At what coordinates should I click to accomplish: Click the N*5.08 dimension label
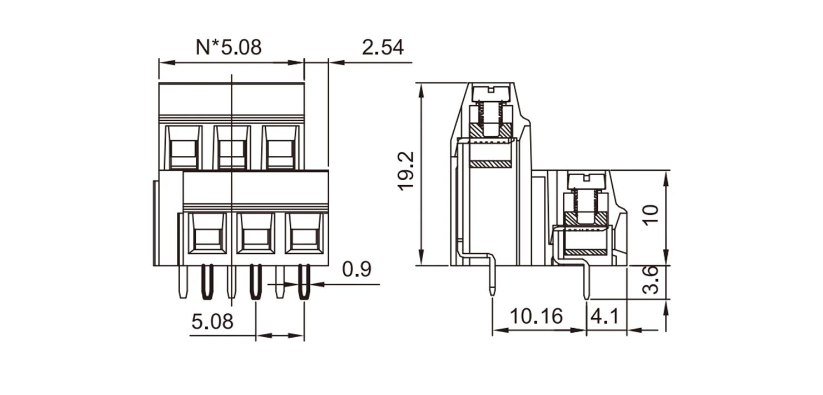(x=229, y=47)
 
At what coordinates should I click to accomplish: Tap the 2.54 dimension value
(x=383, y=47)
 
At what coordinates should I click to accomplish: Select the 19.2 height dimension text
(x=406, y=171)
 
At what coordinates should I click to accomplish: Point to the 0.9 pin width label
(x=357, y=269)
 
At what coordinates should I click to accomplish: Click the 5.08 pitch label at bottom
(x=212, y=322)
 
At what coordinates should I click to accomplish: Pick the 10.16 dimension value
(x=537, y=316)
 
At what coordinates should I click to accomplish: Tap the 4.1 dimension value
(x=605, y=316)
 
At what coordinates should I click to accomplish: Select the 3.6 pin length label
(x=651, y=280)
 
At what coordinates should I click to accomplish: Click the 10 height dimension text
(x=651, y=215)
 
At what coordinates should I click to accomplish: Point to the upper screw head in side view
(x=491, y=93)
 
